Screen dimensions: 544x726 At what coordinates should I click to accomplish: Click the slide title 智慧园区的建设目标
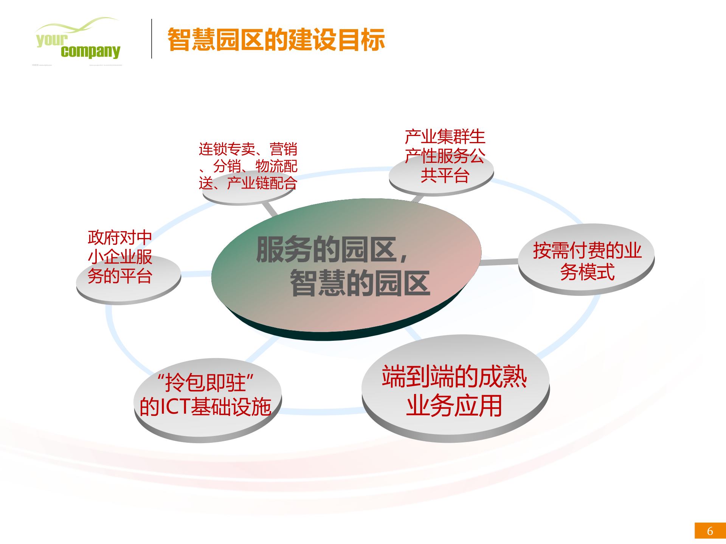coord(276,40)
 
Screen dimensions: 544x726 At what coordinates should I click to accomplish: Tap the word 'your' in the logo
coord(52,39)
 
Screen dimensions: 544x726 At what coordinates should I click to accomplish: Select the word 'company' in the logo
coord(90,51)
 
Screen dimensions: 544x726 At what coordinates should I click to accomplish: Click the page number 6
coord(710,531)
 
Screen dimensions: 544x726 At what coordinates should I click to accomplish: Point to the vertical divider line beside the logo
coord(152,39)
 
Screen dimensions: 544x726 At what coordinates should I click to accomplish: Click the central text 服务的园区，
coord(333,250)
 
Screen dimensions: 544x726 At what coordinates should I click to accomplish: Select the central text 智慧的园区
coord(360,283)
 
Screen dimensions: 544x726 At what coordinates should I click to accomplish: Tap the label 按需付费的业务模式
coord(587,261)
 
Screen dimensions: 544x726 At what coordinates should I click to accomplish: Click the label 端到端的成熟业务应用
coord(455,391)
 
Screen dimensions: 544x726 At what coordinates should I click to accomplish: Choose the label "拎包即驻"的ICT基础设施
coord(206,395)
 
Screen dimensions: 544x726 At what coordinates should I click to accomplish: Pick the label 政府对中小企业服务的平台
coord(120,257)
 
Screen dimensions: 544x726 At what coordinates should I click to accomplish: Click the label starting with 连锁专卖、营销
coord(248,166)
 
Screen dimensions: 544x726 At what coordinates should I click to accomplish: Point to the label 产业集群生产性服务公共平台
coord(445,156)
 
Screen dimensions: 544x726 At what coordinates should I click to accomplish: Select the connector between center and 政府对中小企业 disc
coord(196,274)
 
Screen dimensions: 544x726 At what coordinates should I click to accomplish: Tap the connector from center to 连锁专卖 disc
coord(270,209)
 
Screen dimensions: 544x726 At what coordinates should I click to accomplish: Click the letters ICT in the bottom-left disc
coord(175,407)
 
